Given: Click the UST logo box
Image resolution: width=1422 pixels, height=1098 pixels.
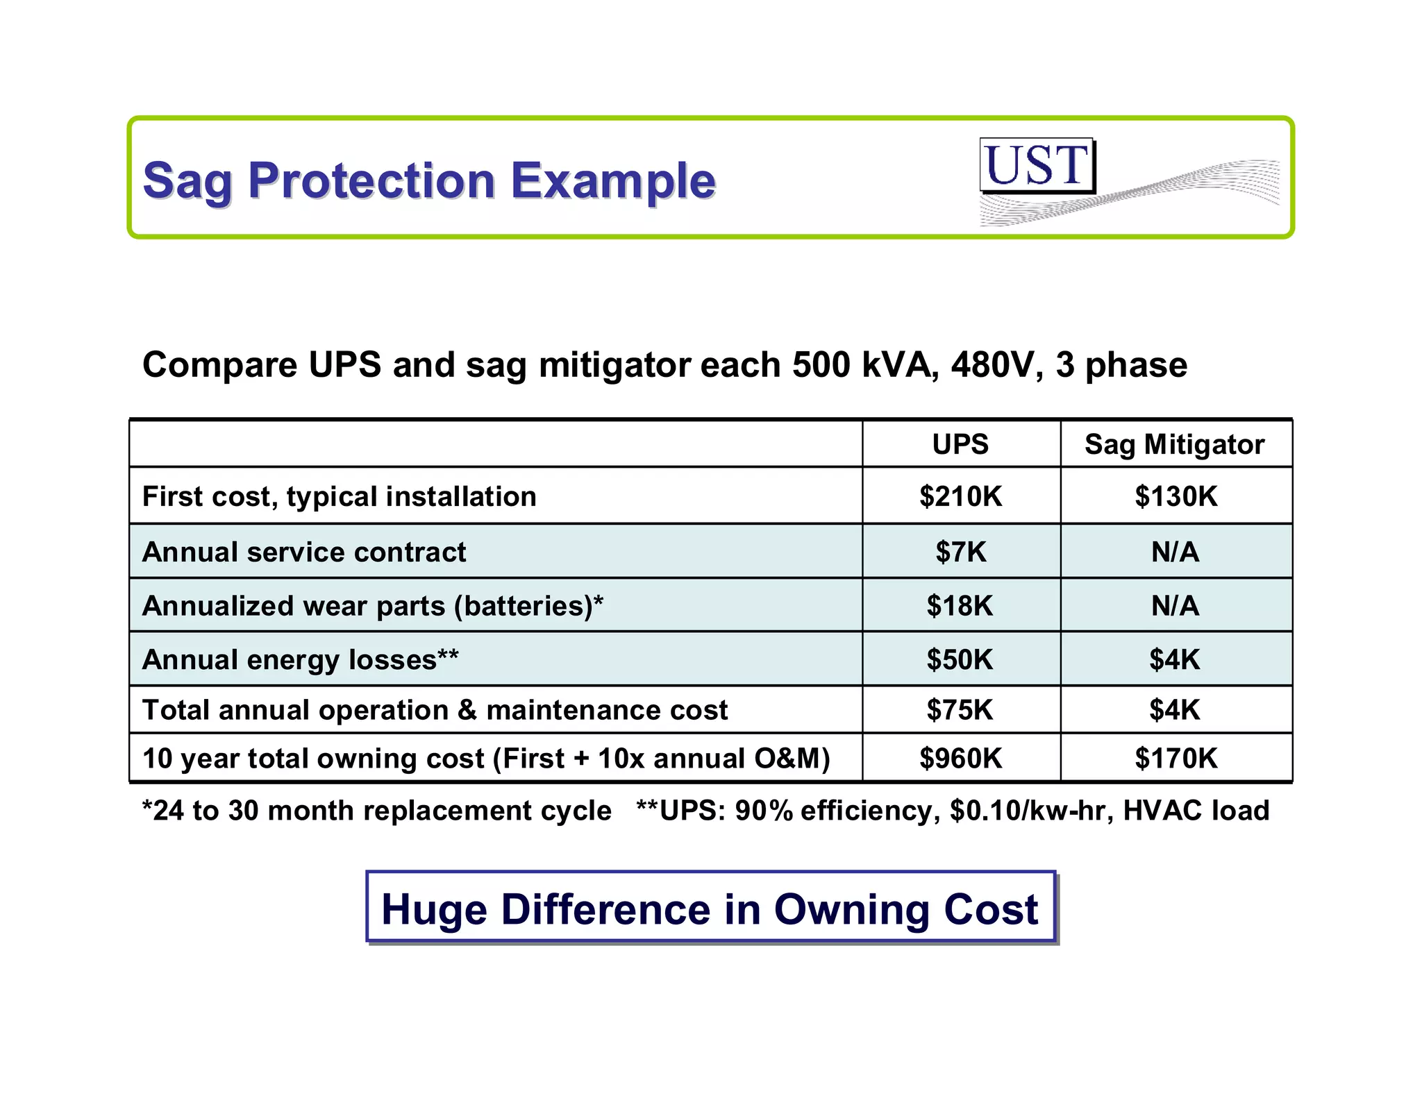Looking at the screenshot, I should pyautogui.click(x=1037, y=165).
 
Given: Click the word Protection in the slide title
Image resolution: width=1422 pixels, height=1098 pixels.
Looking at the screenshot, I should pyautogui.click(x=371, y=180).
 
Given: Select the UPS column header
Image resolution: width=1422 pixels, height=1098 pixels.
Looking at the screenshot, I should pyautogui.click(x=960, y=444).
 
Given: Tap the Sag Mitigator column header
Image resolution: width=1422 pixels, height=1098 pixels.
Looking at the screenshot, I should pyautogui.click(x=1175, y=444).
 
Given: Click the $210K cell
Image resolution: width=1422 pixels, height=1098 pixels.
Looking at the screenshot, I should pyautogui.click(x=960, y=496).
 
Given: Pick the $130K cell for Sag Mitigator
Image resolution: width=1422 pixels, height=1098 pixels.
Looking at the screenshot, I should pyautogui.click(x=1176, y=496).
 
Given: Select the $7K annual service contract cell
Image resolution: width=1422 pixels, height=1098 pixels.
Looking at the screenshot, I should pyautogui.click(x=960, y=552).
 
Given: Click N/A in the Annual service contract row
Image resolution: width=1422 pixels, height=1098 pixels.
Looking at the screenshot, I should pyautogui.click(x=1175, y=552).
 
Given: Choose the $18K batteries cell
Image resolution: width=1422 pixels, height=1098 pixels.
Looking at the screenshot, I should pyautogui.click(x=960, y=606).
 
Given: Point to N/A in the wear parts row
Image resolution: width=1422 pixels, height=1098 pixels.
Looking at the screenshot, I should pyautogui.click(x=1175, y=606).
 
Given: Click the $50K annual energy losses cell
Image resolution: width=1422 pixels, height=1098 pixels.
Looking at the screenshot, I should pyautogui.click(x=960, y=659).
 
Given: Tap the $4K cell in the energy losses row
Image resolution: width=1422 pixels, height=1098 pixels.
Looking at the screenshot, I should pyautogui.click(x=1174, y=659).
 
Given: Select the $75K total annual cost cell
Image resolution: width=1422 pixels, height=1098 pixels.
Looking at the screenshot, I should pyautogui.click(x=960, y=710).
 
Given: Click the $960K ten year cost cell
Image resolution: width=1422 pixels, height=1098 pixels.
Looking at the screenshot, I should pyautogui.click(x=960, y=758).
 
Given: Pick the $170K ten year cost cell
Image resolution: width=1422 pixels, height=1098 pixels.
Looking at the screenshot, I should pyautogui.click(x=1176, y=758).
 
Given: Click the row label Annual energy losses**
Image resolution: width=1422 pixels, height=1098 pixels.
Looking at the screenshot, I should pyautogui.click(x=300, y=659).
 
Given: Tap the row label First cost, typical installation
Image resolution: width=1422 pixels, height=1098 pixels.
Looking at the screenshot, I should pyautogui.click(x=339, y=497).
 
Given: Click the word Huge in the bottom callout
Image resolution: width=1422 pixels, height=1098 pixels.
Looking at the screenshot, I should pyautogui.click(x=434, y=909).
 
